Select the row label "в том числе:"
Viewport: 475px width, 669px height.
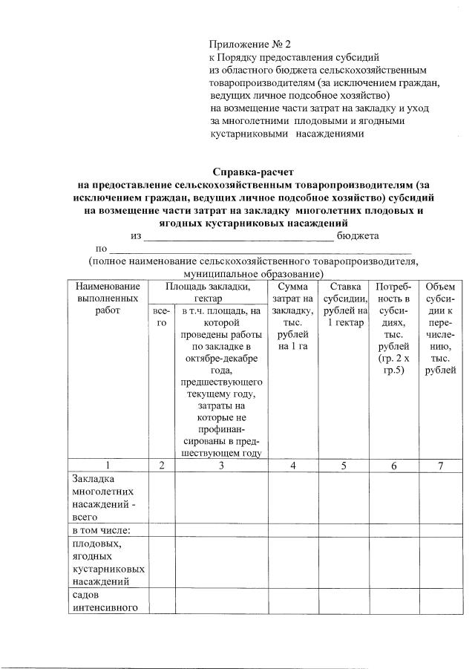[101, 530]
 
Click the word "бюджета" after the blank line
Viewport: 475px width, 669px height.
[358, 235]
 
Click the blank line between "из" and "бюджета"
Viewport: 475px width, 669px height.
[238, 238]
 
